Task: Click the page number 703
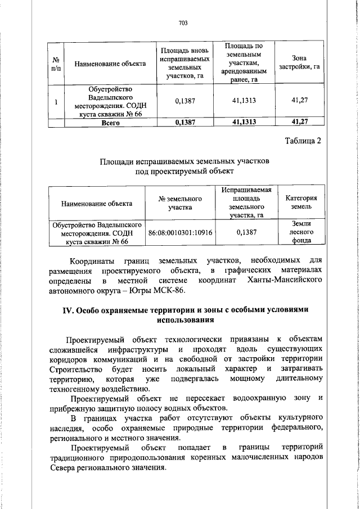click(x=182, y=23)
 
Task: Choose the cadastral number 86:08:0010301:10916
click(x=180, y=232)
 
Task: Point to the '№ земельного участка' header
click(x=180, y=203)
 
